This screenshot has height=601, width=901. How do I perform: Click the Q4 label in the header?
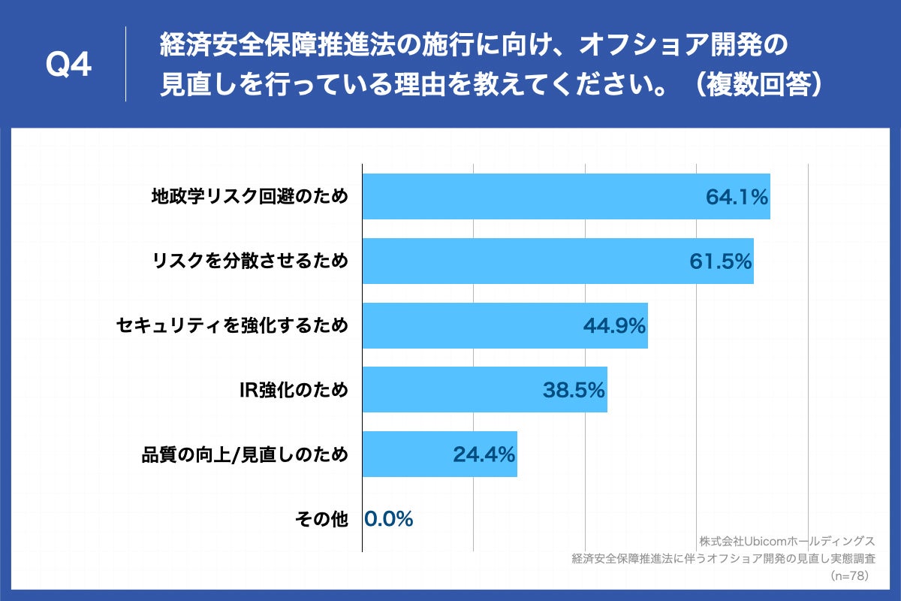68,66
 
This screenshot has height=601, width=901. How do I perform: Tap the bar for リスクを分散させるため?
526,261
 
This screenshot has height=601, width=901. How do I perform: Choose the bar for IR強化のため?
450,390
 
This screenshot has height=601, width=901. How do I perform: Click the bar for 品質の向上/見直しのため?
405,455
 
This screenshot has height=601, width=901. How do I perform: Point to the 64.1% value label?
737,198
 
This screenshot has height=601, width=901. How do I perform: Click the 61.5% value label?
720,261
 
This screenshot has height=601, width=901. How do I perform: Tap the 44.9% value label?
614,326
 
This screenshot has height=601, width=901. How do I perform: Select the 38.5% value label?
574,390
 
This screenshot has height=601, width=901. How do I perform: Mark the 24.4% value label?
484,455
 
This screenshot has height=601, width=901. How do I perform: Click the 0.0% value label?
389,518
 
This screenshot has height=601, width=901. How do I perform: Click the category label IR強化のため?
294,390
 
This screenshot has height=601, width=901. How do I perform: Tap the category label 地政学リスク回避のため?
250,198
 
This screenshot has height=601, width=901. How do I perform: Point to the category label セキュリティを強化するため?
233,326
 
